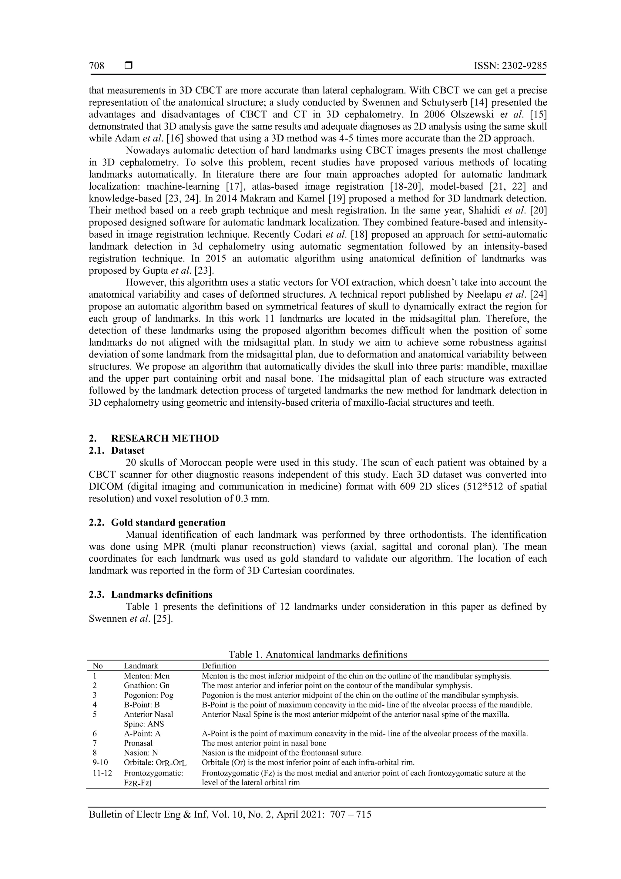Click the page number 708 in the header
pyautogui.click(x=96, y=66)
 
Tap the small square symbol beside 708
pyautogui.click(x=129, y=66)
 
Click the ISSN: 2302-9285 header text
pyautogui.click(x=510, y=66)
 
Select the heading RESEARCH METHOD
pyautogui.click(x=165, y=438)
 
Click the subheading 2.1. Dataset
pyautogui.click(x=117, y=451)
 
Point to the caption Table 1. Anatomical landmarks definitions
pyautogui.click(x=318, y=654)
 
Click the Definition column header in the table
pyautogui.click(x=219, y=666)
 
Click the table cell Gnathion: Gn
pyautogui.click(x=146, y=686)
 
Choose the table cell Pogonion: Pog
pyautogui.click(x=149, y=695)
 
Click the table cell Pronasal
pyautogui.click(x=138, y=743)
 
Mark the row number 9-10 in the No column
pyautogui.click(x=100, y=762)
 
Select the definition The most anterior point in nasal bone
pyautogui.click(x=264, y=743)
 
